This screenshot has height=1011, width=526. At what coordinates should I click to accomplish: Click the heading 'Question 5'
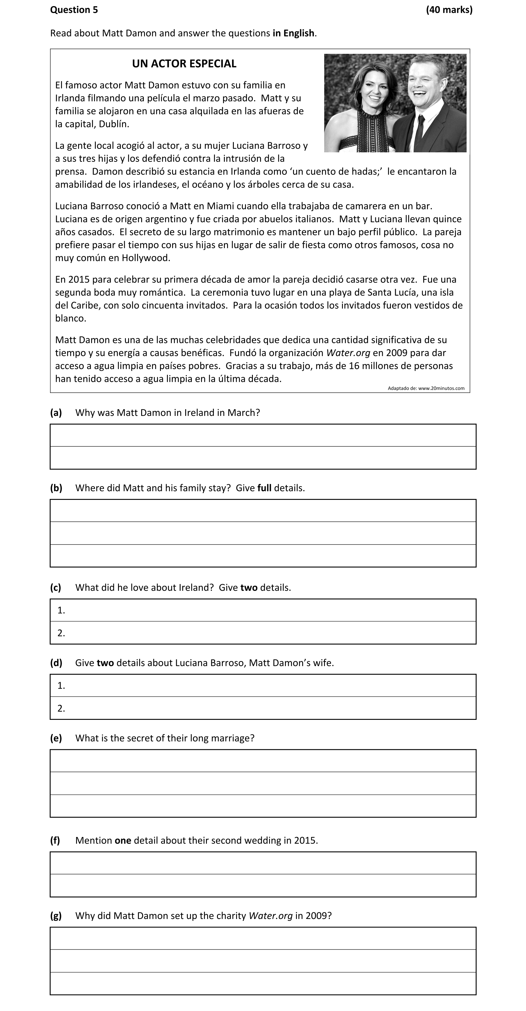click(74, 10)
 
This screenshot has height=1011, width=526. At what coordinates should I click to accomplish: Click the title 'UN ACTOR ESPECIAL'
click(184, 64)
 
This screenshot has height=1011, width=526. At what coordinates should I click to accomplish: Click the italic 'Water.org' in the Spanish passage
click(348, 353)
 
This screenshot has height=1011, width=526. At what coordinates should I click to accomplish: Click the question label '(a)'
click(56, 412)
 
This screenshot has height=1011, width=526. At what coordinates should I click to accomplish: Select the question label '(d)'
click(56, 663)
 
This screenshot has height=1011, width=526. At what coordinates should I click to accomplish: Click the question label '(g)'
click(56, 915)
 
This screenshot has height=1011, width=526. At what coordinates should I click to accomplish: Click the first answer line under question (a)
click(263, 435)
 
